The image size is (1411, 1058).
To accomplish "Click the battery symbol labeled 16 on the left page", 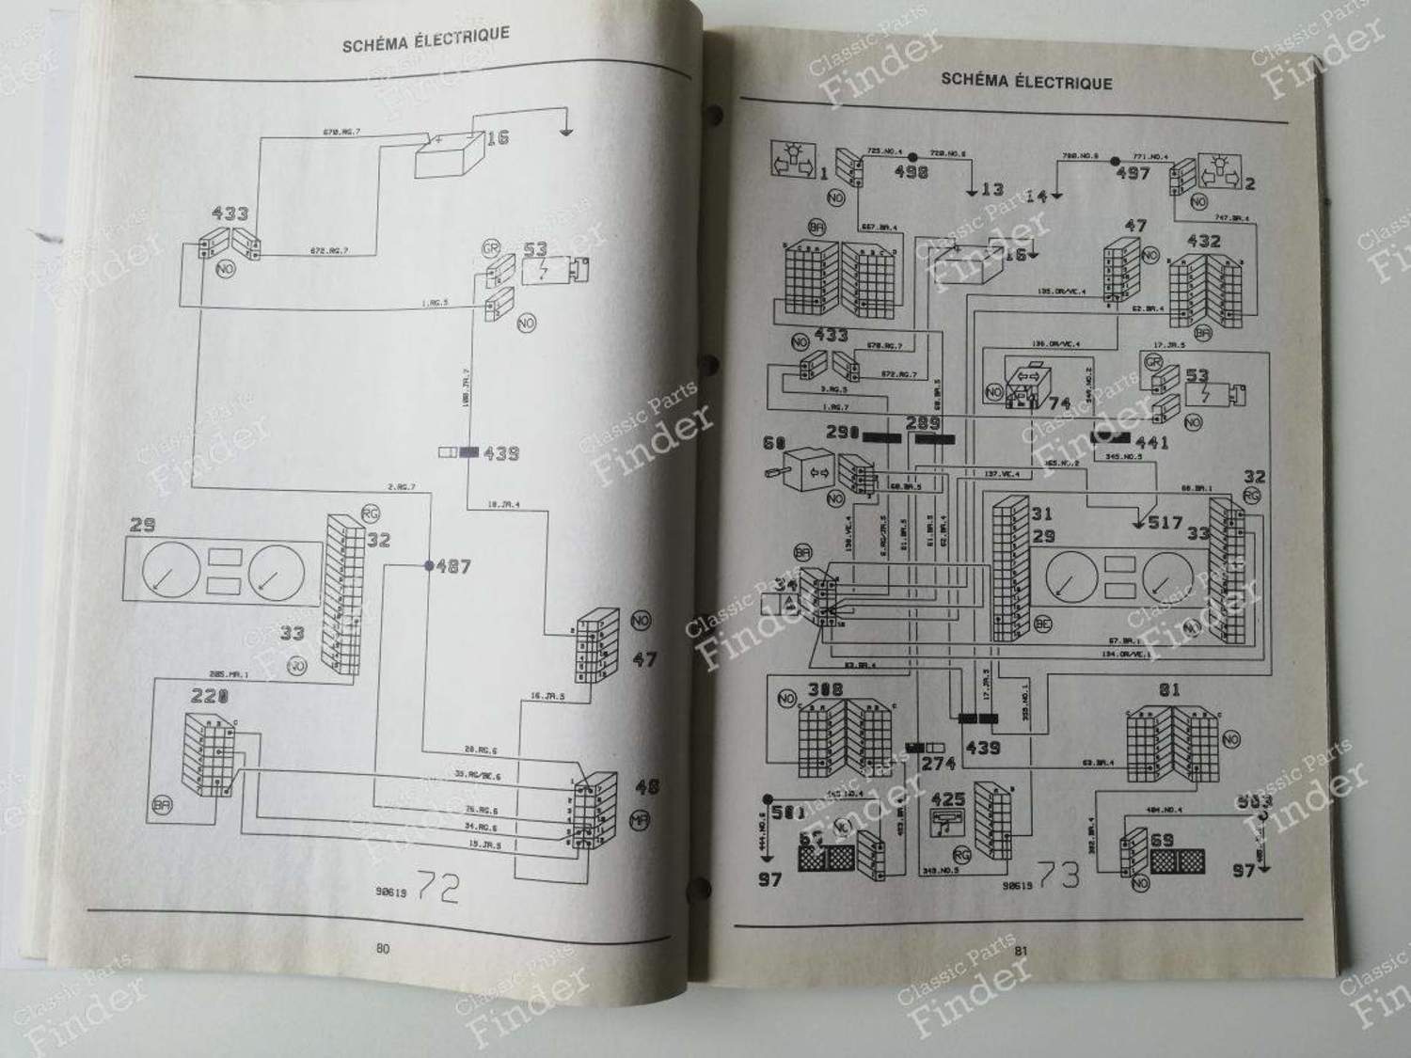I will click(x=447, y=155).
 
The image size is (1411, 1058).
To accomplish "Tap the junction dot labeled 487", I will click(x=428, y=566).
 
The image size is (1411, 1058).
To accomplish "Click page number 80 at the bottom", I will click(x=382, y=949).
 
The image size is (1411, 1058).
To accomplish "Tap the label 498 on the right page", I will click(x=910, y=173).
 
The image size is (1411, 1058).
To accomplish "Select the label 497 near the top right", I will click(x=1134, y=173).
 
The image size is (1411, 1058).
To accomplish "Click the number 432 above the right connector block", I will click(x=1203, y=241).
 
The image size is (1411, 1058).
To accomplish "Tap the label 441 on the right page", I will click(x=1151, y=442).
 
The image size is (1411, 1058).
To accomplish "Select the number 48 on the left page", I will click(x=647, y=786).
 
